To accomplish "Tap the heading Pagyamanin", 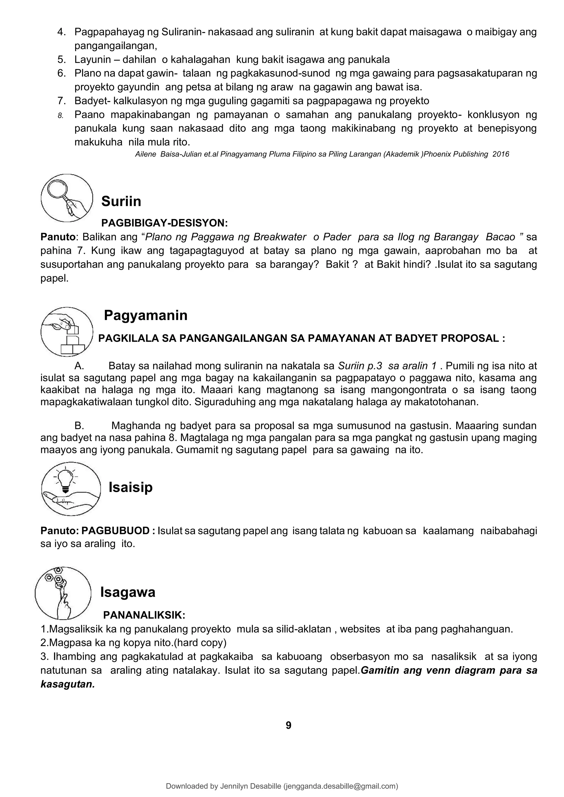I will [145, 315].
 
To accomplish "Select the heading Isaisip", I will [131, 487].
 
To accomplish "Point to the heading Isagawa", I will [128, 592].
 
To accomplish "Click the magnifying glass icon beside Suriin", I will [67, 198].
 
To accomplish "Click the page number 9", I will [288, 725].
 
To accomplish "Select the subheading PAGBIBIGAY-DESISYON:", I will [165, 223].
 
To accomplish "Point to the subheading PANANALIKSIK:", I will [144, 615].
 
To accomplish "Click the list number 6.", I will [61, 73].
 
